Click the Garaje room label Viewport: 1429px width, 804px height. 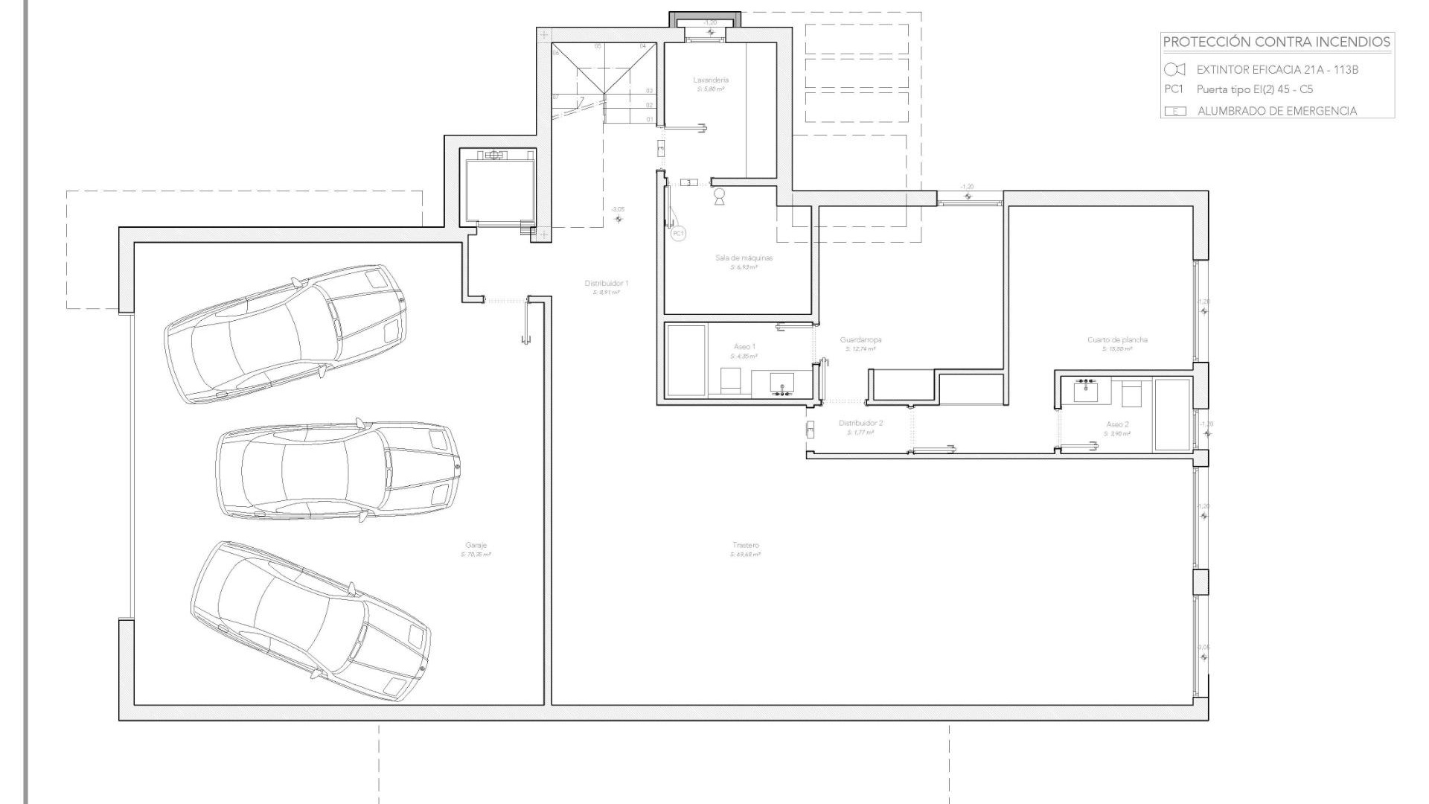pos(476,546)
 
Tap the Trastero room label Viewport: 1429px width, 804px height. pos(745,546)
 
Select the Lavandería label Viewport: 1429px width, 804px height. pos(711,80)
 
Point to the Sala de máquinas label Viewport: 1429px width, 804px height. pos(744,258)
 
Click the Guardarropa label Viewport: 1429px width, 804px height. pos(860,340)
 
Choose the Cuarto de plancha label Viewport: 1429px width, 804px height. pos(1117,340)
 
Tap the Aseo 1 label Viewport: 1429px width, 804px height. pos(744,347)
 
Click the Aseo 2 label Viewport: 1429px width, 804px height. pos(1117,424)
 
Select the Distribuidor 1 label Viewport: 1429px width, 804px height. pos(607,284)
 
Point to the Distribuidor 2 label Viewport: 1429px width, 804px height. pos(860,424)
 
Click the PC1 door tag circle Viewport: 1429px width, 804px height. pos(678,234)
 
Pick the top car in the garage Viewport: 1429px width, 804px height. pos(286,334)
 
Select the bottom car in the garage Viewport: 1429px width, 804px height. pos(310,621)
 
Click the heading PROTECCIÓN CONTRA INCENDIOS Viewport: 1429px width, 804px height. pos(1276,42)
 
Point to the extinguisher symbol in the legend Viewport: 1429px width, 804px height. pos(1174,70)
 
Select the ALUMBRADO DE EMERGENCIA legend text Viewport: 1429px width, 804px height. pos(1276,111)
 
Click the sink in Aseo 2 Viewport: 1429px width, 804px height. pos(1087,390)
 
